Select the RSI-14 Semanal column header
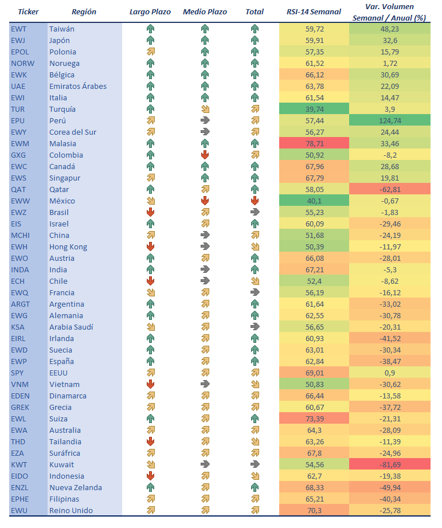coord(313,11)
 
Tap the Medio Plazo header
coord(205,11)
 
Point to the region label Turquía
coord(62,109)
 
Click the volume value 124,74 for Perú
coord(390,120)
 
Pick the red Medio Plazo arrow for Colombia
coord(205,155)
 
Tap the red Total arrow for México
coord(255,201)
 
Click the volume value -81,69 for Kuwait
coord(390,464)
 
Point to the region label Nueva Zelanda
coord(76,487)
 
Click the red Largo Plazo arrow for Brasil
coord(150,212)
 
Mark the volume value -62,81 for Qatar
coord(390,189)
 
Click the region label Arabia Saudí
coord(71,327)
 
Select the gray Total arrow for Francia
coord(255,292)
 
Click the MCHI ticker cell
coord(20,235)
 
